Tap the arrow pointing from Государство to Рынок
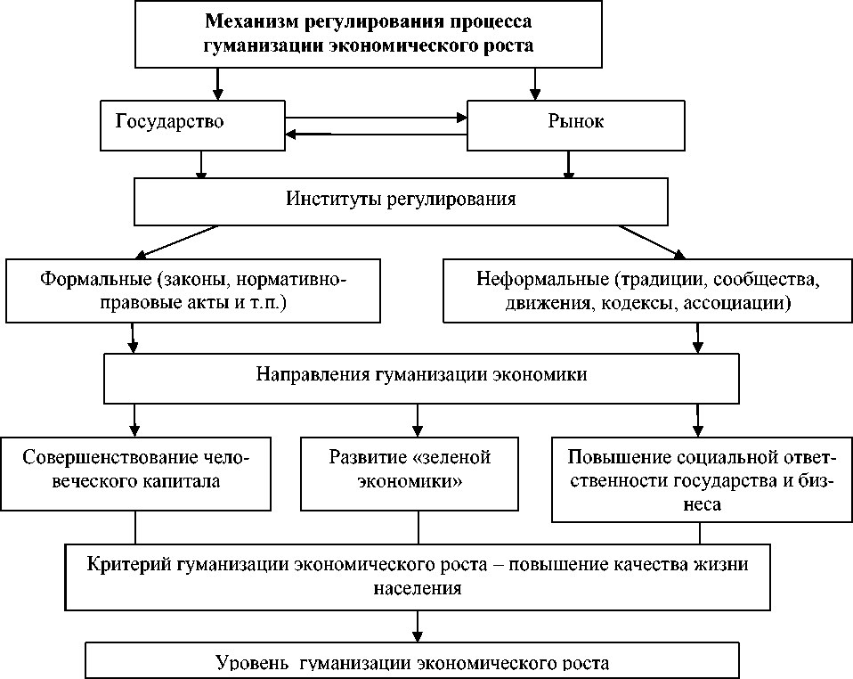(x=375, y=116)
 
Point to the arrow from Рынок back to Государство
(x=375, y=135)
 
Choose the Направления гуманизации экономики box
(x=422, y=374)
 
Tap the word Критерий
(x=130, y=564)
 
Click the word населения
(x=418, y=588)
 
